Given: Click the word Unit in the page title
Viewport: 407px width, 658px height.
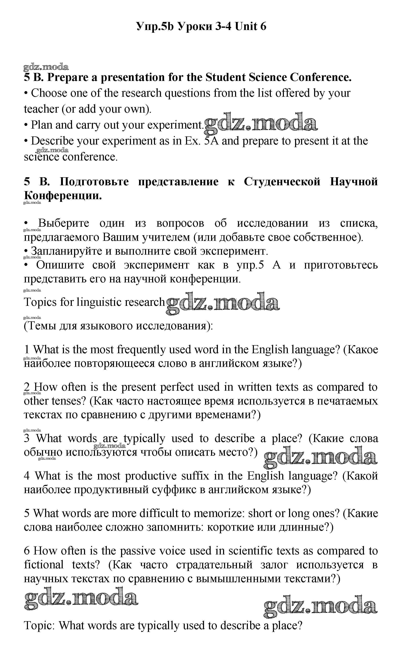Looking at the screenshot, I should point(246,26).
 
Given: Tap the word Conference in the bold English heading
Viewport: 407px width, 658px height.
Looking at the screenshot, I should point(320,78).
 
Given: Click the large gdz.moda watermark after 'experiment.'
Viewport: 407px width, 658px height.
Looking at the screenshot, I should point(261,124).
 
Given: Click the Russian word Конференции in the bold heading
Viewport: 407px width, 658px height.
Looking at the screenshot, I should point(63,195).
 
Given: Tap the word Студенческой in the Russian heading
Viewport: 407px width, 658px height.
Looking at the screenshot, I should point(282,182).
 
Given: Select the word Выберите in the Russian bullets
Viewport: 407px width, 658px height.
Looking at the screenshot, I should point(64,223).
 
